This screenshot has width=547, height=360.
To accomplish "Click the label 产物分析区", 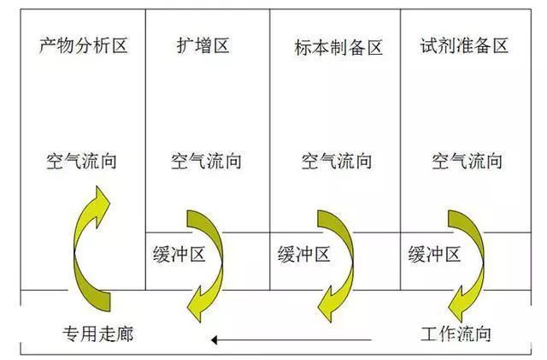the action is pos(84,45).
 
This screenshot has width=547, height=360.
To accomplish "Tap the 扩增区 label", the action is pos(203,45).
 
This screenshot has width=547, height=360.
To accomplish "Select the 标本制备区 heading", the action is pos(338,47).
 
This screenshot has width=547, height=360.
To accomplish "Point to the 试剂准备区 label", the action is pos(464,45).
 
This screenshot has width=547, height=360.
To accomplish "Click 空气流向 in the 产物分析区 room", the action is pos(82,161).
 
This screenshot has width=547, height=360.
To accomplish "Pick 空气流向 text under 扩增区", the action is pos(206,161).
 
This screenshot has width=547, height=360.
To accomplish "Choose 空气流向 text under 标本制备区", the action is pos(337,161).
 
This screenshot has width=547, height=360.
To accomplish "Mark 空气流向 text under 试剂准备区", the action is pos(468,161).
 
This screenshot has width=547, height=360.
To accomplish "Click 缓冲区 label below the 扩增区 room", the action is pos(179,254).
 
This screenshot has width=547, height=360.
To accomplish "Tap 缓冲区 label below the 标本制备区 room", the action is pos(304,254).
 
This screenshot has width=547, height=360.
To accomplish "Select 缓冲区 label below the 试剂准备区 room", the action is pos(434,254).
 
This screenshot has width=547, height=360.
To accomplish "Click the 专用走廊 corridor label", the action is pos(98,333).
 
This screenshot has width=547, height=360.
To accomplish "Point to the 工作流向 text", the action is pos(456,333).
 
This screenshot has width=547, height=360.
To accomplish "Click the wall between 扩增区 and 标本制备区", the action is pos(270,150).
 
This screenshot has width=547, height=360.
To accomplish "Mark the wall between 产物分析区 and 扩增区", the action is pos(145,150).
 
